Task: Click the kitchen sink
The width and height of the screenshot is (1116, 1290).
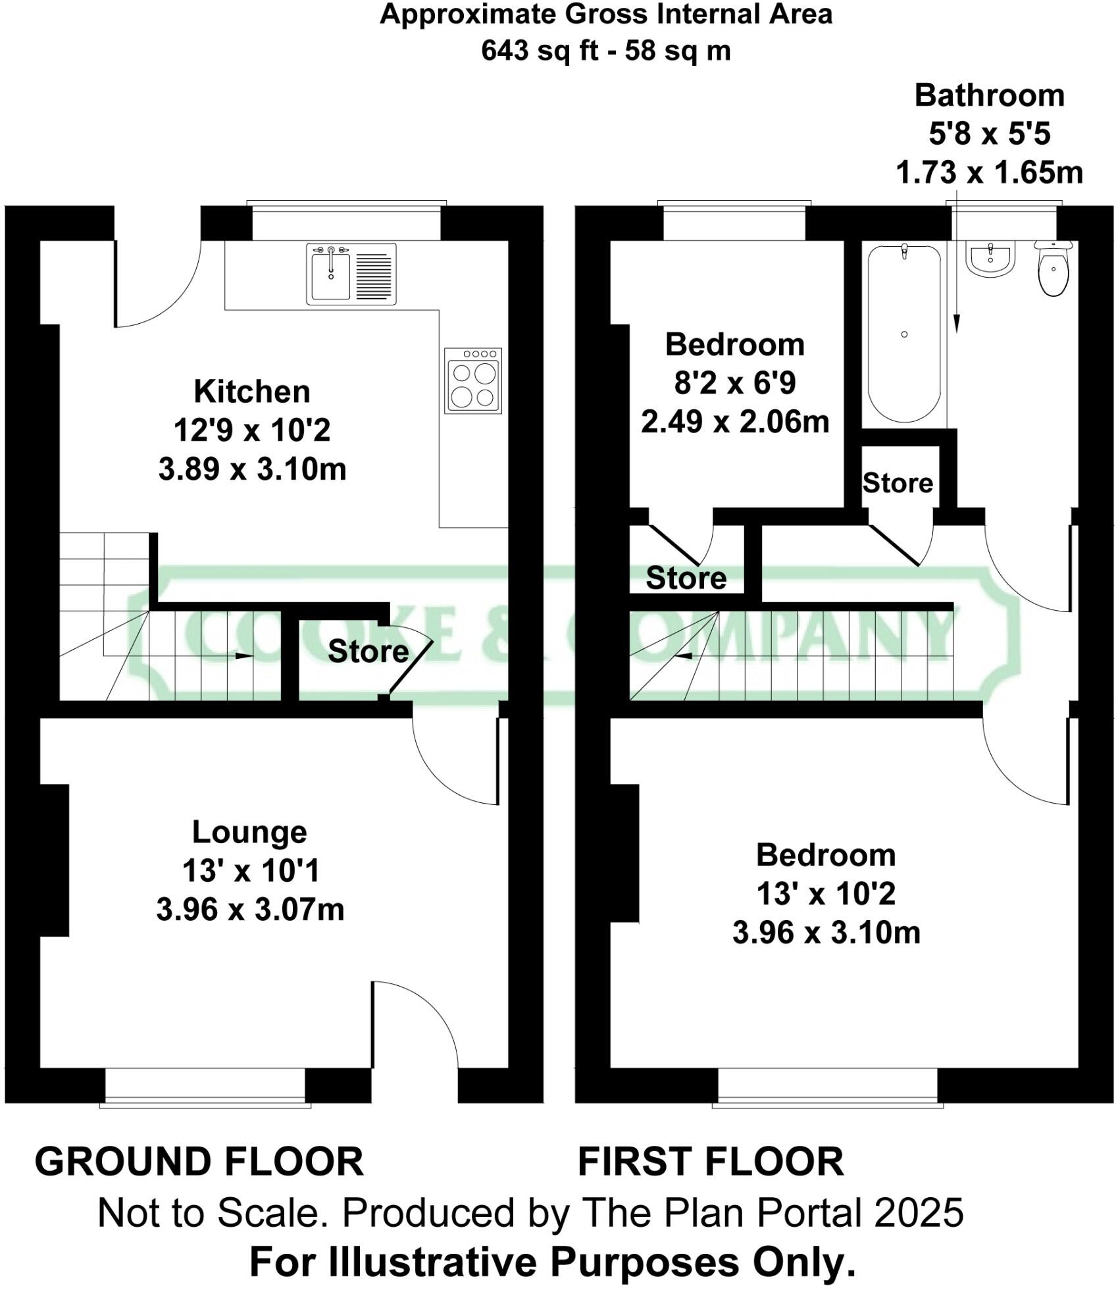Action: [x=351, y=274]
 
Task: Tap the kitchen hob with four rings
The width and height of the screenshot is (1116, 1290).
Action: [x=472, y=381]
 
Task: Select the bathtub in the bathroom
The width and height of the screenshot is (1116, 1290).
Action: [x=904, y=334]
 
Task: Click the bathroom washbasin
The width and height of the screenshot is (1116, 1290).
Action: [x=991, y=258]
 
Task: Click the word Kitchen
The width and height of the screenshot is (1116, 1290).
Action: [x=252, y=392]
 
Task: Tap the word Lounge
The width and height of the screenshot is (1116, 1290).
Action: [x=249, y=833]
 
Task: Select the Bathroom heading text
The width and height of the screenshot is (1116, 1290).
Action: [x=989, y=96]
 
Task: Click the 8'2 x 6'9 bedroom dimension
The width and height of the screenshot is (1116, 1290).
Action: [x=734, y=383]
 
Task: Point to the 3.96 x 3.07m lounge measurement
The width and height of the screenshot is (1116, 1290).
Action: [x=250, y=910]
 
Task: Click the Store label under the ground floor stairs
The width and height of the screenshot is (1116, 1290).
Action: [x=368, y=652]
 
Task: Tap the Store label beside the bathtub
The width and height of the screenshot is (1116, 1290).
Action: [x=898, y=483]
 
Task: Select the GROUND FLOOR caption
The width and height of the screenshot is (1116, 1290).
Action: [x=199, y=1162]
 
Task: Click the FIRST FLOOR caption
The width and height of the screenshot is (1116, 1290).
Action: [x=711, y=1162]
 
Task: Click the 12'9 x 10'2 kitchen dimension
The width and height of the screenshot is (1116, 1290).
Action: [x=252, y=431]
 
